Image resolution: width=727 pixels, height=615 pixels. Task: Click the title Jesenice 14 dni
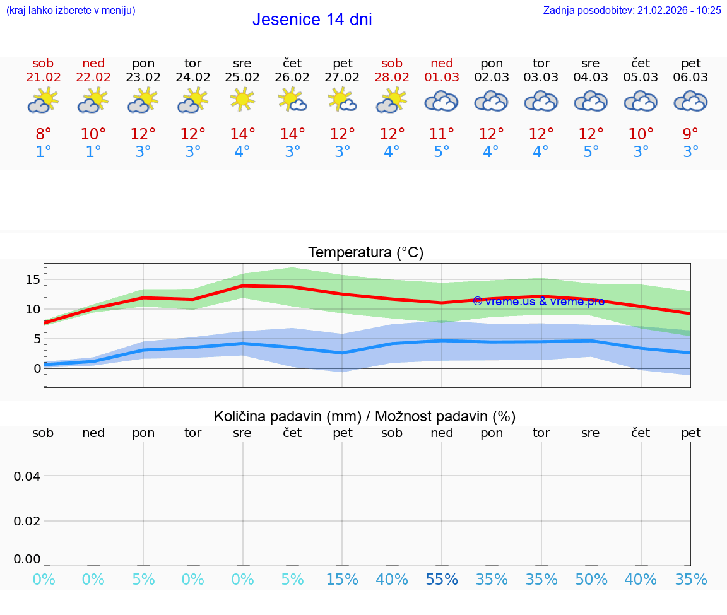tap(312, 20)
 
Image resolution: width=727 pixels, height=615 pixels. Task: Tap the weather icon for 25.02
tap(242, 100)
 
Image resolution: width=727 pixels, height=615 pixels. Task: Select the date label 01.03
tap(442, 78)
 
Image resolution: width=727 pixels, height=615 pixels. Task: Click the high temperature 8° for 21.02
tap(44, 134)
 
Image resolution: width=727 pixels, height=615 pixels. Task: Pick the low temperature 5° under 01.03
tap(442, 152)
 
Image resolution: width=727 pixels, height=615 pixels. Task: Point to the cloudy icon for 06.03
tap(690, 101)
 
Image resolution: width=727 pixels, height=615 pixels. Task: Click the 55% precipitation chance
tap(442, 579)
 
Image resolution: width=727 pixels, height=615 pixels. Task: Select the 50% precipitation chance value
tap(591, 579)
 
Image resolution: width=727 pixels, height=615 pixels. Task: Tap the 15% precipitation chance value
tap(342, 579)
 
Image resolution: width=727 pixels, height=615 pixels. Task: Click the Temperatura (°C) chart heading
tap(365, 253)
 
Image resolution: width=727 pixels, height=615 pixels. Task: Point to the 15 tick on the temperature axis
tap(33, 279)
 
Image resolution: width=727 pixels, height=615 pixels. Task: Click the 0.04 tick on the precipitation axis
tap(27, 476)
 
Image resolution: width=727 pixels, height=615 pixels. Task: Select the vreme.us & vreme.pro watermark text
tap(538, 302)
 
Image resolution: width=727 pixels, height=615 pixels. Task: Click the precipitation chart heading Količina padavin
tap(365, 416)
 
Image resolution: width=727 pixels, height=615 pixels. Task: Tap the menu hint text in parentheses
tap(71, 10)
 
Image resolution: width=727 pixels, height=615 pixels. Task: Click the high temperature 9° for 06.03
tap(690, 134)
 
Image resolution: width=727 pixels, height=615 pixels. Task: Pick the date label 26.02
tap(292, 78)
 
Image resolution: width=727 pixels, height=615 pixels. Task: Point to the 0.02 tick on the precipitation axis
tap(27, 520)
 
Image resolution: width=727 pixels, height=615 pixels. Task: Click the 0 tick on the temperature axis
tap(37, 368)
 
